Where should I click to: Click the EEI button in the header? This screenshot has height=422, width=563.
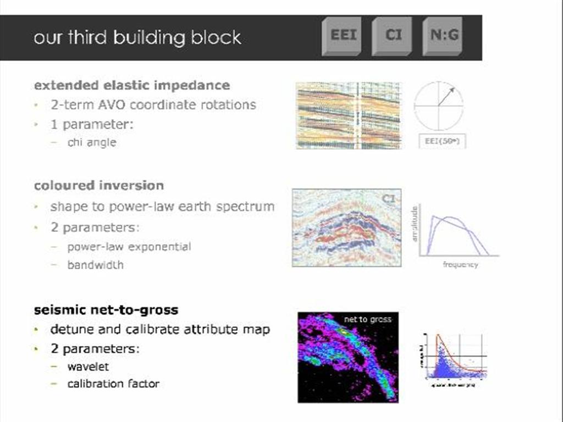[x=343, y=36]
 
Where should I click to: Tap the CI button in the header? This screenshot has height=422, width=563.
[x=393, y=36]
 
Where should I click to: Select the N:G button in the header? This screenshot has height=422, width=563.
[x=443, y=36]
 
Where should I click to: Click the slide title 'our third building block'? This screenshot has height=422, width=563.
[x=137, y=37]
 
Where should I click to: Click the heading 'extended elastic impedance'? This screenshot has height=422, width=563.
[x=132, y=85]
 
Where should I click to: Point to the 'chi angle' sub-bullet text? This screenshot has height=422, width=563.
[x=92, y=142]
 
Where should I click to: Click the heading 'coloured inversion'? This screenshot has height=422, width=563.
[x=99, y=185]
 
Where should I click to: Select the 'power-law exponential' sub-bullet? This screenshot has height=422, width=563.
[x=129, y=247]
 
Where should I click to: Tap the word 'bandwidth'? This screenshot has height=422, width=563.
[x=96, y=265]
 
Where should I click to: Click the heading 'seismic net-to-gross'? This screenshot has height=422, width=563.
[x=106, y=309]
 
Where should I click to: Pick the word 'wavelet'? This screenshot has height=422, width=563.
[x=88, y=366]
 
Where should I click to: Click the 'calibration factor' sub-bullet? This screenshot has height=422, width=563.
[x=113, y=384]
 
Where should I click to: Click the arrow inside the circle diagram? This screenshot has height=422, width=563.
[x=446, y=96]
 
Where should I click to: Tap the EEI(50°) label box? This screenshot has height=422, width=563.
[x=442, y=141]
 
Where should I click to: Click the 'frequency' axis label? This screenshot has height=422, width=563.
[x=460, y=265]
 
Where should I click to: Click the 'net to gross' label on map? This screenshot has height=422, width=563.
[x=368, y=319]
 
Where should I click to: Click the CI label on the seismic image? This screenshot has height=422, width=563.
[x=388, y=199]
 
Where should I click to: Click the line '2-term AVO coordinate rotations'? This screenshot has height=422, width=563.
[x=153, y=104]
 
